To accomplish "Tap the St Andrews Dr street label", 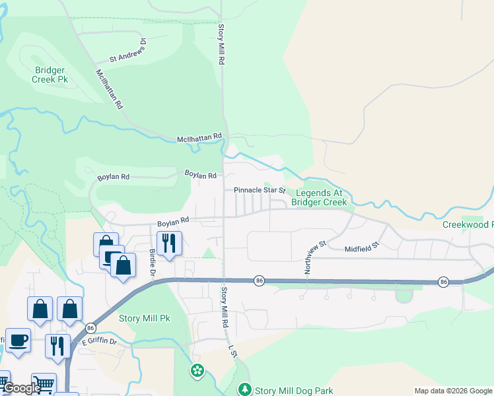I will (127, 53).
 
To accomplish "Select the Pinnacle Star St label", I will (259, 190).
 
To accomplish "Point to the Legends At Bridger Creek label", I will (319, 198).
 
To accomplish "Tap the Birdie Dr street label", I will (152, 263).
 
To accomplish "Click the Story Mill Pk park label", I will (145, 318).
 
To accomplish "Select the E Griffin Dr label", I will (99, 342).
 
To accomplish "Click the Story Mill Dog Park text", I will (294, 391).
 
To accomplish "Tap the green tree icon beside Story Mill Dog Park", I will (245, 390).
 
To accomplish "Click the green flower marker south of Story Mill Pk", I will (197, 371).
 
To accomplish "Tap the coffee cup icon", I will (18, 340).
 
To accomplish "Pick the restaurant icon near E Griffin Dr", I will (57, 345).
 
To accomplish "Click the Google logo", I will (22, 389).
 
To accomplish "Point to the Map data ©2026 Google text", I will (453, 391).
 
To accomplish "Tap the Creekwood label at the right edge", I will (468, 225).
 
